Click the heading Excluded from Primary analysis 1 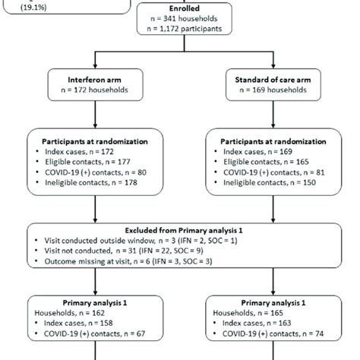pyautogui.click(x=179, y=231)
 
